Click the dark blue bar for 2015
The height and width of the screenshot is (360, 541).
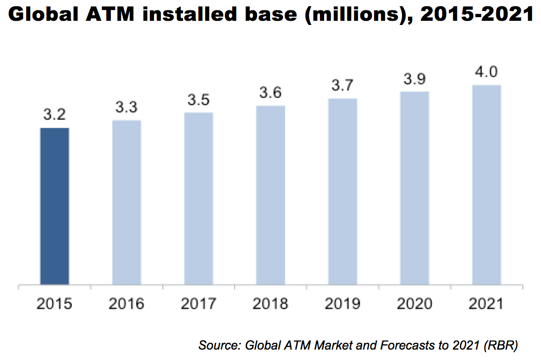[x=55, y=206]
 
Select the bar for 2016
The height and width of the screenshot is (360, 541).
[x=126, y=202]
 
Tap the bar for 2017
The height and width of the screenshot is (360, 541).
[x=198, y=199]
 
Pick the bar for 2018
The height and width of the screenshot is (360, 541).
[x=270, y=195]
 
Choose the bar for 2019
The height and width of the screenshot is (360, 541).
[x=342, y=191]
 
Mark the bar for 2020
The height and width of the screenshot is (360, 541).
[x=415, y=188]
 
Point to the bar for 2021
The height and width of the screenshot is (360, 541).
[x=486, y=185]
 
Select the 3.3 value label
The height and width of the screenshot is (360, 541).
[x=126, y=108]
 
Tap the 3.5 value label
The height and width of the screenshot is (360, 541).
[x=198, y=100]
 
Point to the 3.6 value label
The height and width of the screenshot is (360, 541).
[x=270, y=94]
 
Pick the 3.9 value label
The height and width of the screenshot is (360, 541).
[x=415, y=80]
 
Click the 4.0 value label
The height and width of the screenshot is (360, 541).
[x=486, y=72]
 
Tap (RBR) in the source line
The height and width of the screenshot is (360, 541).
[x=500, y=345]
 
